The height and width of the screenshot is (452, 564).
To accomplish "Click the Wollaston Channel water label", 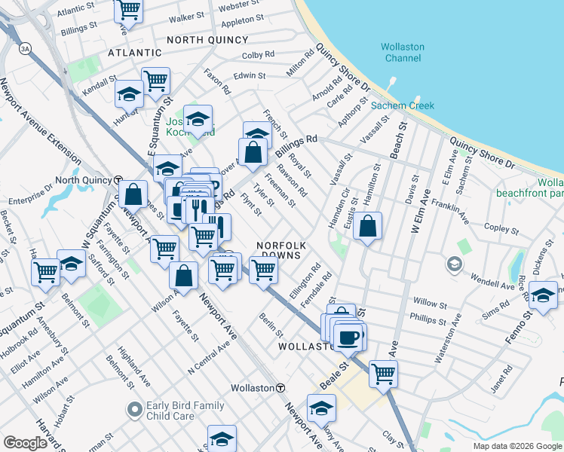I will click(403, 52).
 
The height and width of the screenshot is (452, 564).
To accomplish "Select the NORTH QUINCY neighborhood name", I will click(207, 39).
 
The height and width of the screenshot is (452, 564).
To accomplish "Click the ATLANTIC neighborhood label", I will click(135, 53).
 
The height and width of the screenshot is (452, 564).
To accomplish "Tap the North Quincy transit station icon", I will click(118, 181).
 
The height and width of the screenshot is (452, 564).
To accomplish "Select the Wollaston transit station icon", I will click(280, 387).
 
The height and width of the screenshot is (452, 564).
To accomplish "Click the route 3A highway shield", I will click(26, 48).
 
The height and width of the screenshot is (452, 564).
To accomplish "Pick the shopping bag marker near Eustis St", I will click(367, 226).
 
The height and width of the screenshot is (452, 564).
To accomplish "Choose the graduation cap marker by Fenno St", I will click(542, 295).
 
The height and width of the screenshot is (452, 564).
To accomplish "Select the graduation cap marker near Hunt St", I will click(129, 95).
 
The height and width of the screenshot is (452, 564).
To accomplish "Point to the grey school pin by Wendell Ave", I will click(454, 264).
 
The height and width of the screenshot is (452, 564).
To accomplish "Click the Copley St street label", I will click(498, 227).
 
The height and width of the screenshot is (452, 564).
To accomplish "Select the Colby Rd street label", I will click(258, 55).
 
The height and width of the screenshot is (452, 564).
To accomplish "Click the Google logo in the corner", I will click(25, 442).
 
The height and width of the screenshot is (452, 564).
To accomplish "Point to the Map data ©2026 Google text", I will click(517, 446).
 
